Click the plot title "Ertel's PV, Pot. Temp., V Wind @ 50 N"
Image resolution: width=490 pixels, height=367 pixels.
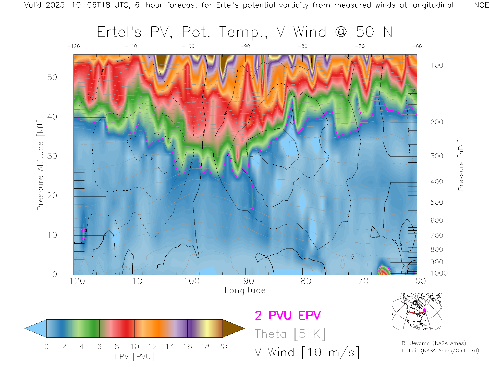click(x=244, y=32)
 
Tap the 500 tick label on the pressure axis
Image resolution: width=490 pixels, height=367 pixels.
click(x=437, y=202)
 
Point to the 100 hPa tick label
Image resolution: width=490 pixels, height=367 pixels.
click(x=437, y=65)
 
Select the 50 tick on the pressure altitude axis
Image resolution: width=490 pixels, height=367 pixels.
click(x=52, y=77)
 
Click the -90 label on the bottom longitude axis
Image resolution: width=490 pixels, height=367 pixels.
click(x=245, y=281)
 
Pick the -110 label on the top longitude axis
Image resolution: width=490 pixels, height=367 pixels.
click(x=131, y=46)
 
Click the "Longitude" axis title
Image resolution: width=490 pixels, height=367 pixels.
click(x=245, y=291)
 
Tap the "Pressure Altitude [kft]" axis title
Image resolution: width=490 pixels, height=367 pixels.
click(x=40, y=165)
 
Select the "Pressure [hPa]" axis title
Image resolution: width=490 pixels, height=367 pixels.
click(x=461, y=165)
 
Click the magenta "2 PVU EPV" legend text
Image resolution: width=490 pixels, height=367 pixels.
click(x=288, y=316)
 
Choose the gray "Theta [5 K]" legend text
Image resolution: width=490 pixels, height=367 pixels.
click(x=290, y=334)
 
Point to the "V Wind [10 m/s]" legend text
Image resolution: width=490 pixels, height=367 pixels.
click(x=307, y=352)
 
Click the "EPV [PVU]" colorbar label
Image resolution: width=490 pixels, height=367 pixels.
click(x=134, y=357)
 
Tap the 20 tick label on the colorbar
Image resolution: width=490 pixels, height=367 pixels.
click(x=223, y=347)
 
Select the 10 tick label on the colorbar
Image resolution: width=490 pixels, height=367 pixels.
click(x=134, y=347)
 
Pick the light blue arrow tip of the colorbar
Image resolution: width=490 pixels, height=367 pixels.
click(x=35, y=329)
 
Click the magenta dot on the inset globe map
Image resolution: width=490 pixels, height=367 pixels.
click(x=424, y=310)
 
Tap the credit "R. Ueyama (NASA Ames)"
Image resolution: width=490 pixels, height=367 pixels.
click(x=434, y=343)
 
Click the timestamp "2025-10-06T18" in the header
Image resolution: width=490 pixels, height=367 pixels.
click(x=78, y=5)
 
